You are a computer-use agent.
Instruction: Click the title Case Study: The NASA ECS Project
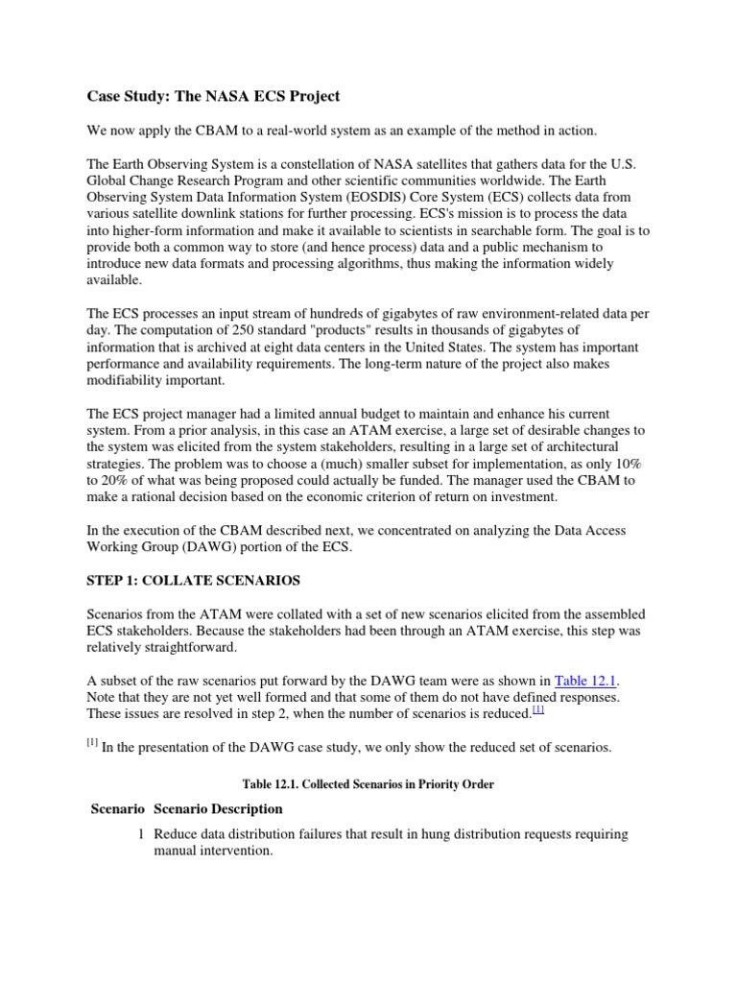(213, 96)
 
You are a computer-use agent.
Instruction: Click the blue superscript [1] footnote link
(537, 710)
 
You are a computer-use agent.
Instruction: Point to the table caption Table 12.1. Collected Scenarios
(368, 784)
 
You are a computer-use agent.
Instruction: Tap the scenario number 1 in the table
(141, 834)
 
